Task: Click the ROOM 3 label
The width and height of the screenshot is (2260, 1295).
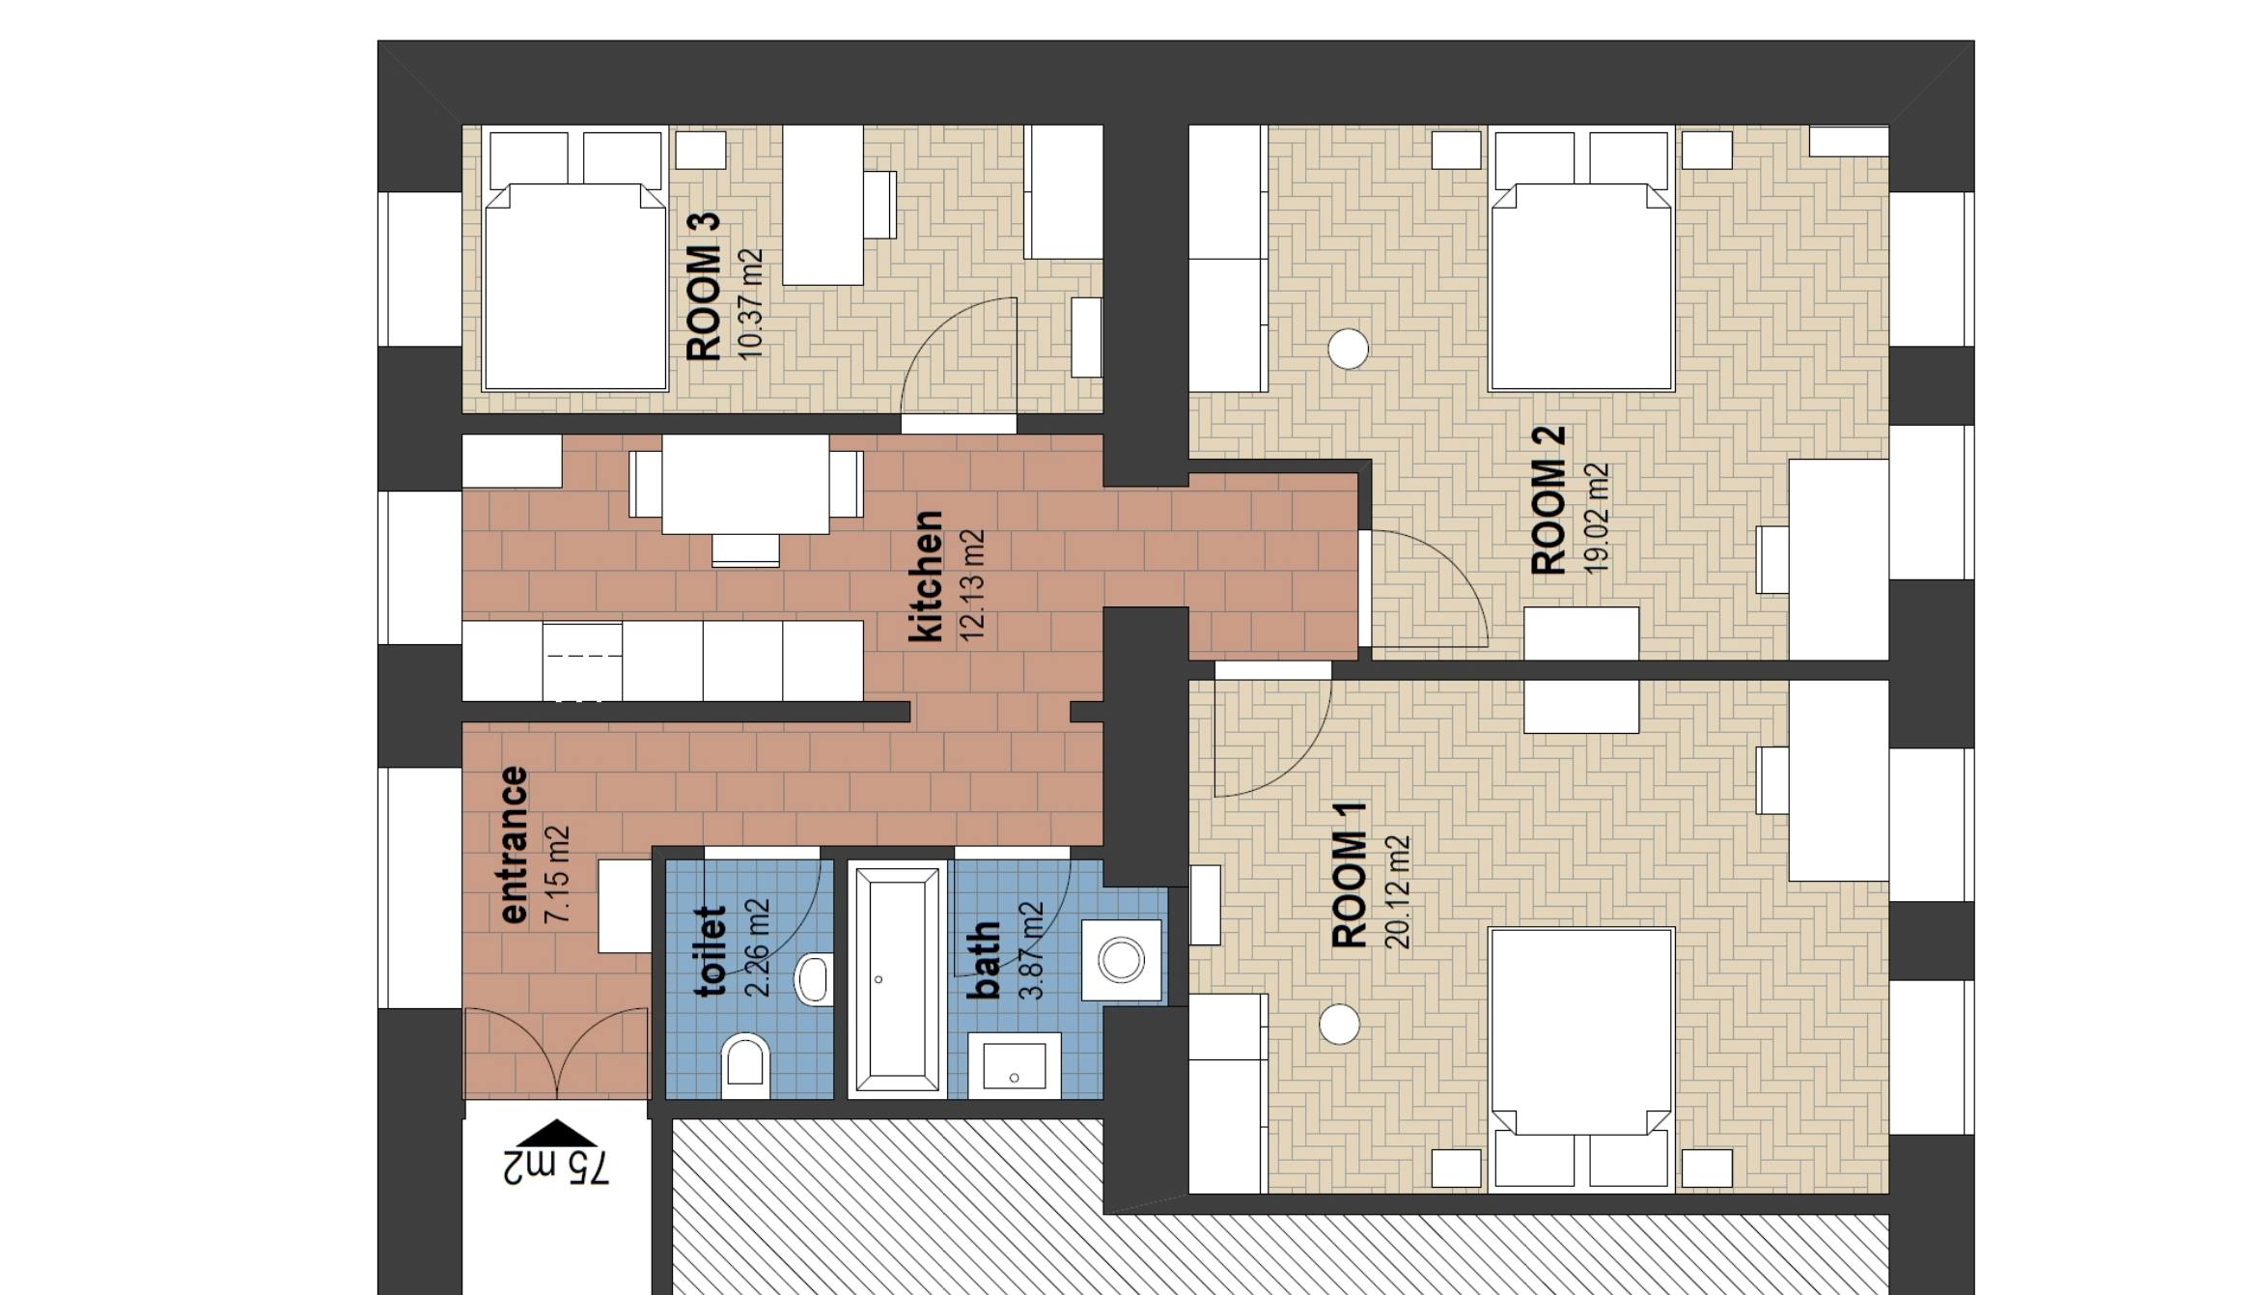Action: pyautogui.click(x=703, y=288)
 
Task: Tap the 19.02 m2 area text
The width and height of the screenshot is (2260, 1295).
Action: pyautogui.click(x=1598, y=519)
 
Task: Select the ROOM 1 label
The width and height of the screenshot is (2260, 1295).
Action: pyautogui.click(x=1349, y=875)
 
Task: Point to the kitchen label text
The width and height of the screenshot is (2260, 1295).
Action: pyautogui.click(x=926, y=577)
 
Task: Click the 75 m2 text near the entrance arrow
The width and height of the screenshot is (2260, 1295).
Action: pyautogui.click(x=557, y=1167)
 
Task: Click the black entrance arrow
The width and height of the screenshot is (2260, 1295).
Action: pyautogui.click(x=556, y=1133)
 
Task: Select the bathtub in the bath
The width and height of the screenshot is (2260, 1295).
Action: pyautogui.click(x=897, y=979)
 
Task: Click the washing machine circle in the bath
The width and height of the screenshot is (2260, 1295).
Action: pyautogui.click(x=1121, y=961)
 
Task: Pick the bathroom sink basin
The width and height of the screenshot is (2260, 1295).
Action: pyautogui.click(x=1014, y=1066)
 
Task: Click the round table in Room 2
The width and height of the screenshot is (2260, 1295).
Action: pyautogui.click(x=1348, y=349)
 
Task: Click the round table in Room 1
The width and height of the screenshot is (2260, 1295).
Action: pyautogui.click(x=1339, y=1024)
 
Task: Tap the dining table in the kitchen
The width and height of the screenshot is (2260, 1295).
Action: pyautogui.click(x=745, y=484)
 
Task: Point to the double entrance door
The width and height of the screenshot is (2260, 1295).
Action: pyautogui.click(x=556, y=1055)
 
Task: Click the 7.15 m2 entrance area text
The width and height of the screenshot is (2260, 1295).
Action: pyautogui.click(x=558, y=874)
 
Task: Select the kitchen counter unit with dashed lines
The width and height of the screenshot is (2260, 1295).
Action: pyautogui.click(x=582, y=661)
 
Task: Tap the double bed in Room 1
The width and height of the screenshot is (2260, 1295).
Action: pyautogui.click(x=1580, y=1043)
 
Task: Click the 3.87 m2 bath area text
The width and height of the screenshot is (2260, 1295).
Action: pyautogui.click(x=1032, y=951)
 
